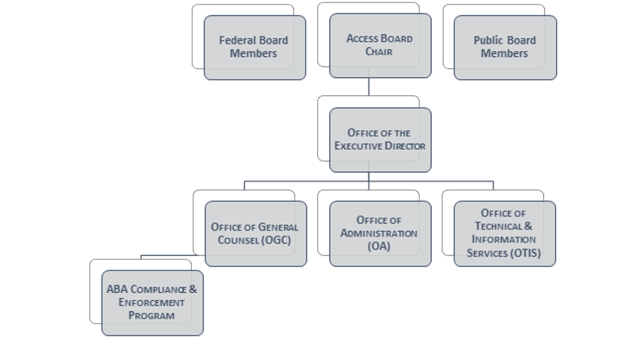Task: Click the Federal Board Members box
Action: [x=255, y=47]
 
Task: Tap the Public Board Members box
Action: [x=505, y=47]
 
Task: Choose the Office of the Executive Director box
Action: [x=380, y=140]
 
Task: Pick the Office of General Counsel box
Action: [x=256, y=233]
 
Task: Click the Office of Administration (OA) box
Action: [x=380, y=233]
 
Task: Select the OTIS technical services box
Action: [x=505, y=233]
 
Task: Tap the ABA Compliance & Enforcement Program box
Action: [x=152, y=303]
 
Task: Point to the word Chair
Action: [x=379, y=52]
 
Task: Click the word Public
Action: [x=488, y=40]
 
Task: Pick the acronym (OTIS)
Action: [x=525, y=253]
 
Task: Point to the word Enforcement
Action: [x=152, y=303]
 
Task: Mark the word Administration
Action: [x=379, y=233]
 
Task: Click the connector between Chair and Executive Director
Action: [x=368, y=86]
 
